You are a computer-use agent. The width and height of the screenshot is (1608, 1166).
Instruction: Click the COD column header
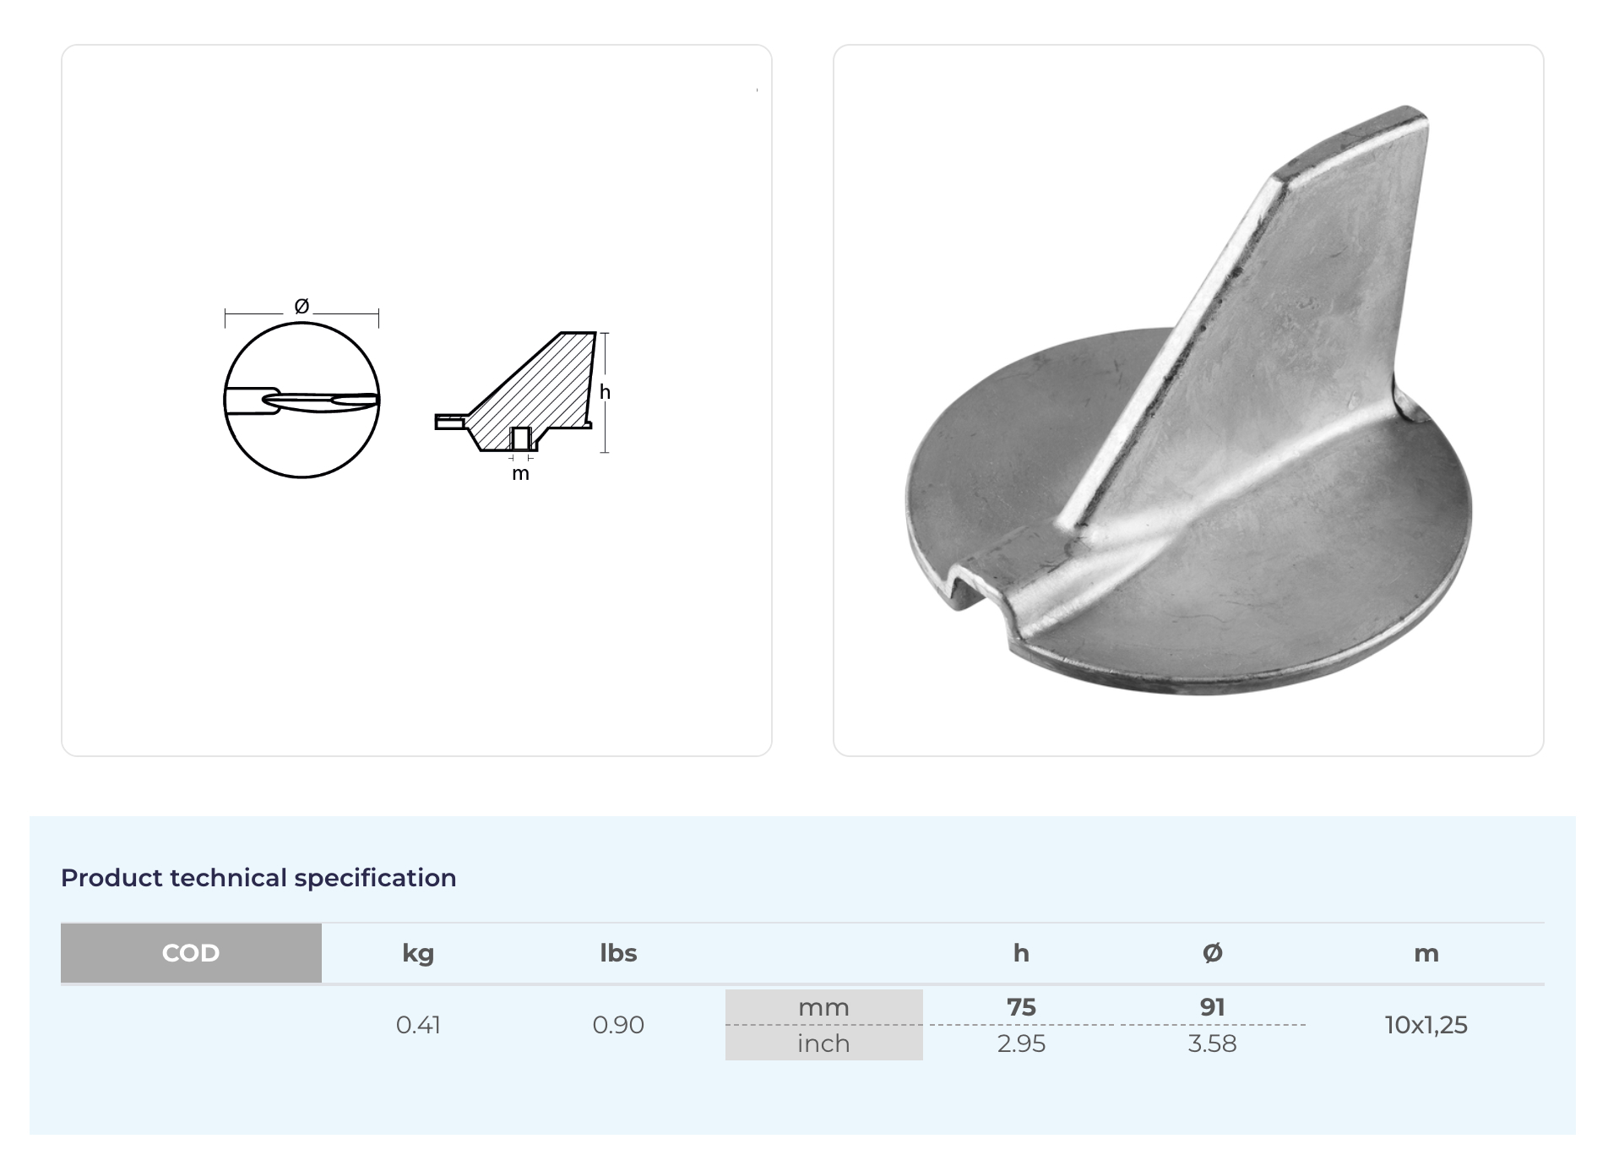click(x=191, y=953)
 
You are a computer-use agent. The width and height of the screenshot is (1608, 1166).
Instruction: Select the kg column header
click(x=418, y=953)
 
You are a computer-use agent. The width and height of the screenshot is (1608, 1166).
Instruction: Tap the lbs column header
click(x=618, y=953)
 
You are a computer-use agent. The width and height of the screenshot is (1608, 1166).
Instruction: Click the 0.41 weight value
click(x=418, y=1025)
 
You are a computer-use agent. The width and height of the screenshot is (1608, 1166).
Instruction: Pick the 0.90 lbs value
click(x=618, y=1025)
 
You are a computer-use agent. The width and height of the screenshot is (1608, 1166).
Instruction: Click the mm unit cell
click(x=823, y=1007)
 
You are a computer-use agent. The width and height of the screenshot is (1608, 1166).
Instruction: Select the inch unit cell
click(x=823, y=1043)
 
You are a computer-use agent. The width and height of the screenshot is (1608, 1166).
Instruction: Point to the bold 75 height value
click(x=1021, y=1007)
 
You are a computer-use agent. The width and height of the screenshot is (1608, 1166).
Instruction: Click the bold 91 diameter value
click(x=1212, y=1007)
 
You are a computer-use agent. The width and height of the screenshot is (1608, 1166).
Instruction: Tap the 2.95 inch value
click(x=1021, y=1044)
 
